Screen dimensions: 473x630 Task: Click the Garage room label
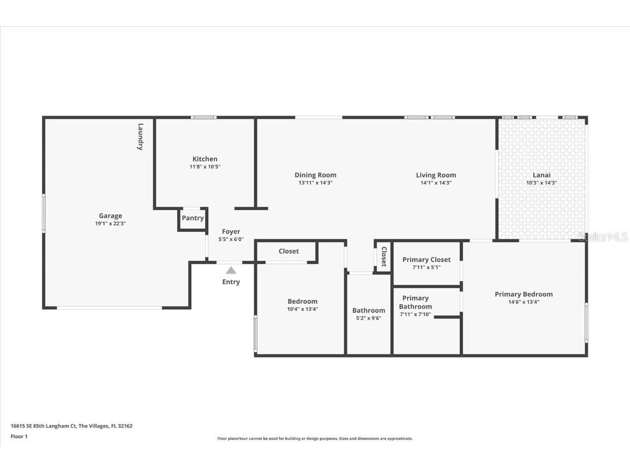[110, 216]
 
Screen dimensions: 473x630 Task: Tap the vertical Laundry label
[141, 136]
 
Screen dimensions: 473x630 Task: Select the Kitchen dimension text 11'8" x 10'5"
[205, 167]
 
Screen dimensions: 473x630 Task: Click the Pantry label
[192, 218]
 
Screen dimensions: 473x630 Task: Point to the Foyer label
[231, 232]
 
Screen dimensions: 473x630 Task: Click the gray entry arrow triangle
[231, 270]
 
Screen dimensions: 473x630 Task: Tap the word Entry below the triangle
[231, 282]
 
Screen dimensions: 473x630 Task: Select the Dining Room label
[315, 175]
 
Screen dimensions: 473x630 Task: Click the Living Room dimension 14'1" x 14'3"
[436, 183]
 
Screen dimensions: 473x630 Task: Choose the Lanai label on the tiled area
[541, 175]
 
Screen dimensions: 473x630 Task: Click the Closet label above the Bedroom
[289, 251]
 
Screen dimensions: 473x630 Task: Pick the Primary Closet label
[427, 259]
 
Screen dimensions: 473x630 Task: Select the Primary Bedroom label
[523, 294]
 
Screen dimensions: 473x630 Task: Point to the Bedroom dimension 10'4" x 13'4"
[302, 309]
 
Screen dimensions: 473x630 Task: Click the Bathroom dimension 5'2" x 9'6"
[369, 318]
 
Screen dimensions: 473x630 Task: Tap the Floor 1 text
[19, 436]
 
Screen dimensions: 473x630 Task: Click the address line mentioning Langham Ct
[72, 426]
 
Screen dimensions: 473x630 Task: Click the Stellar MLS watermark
[603, 236]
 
